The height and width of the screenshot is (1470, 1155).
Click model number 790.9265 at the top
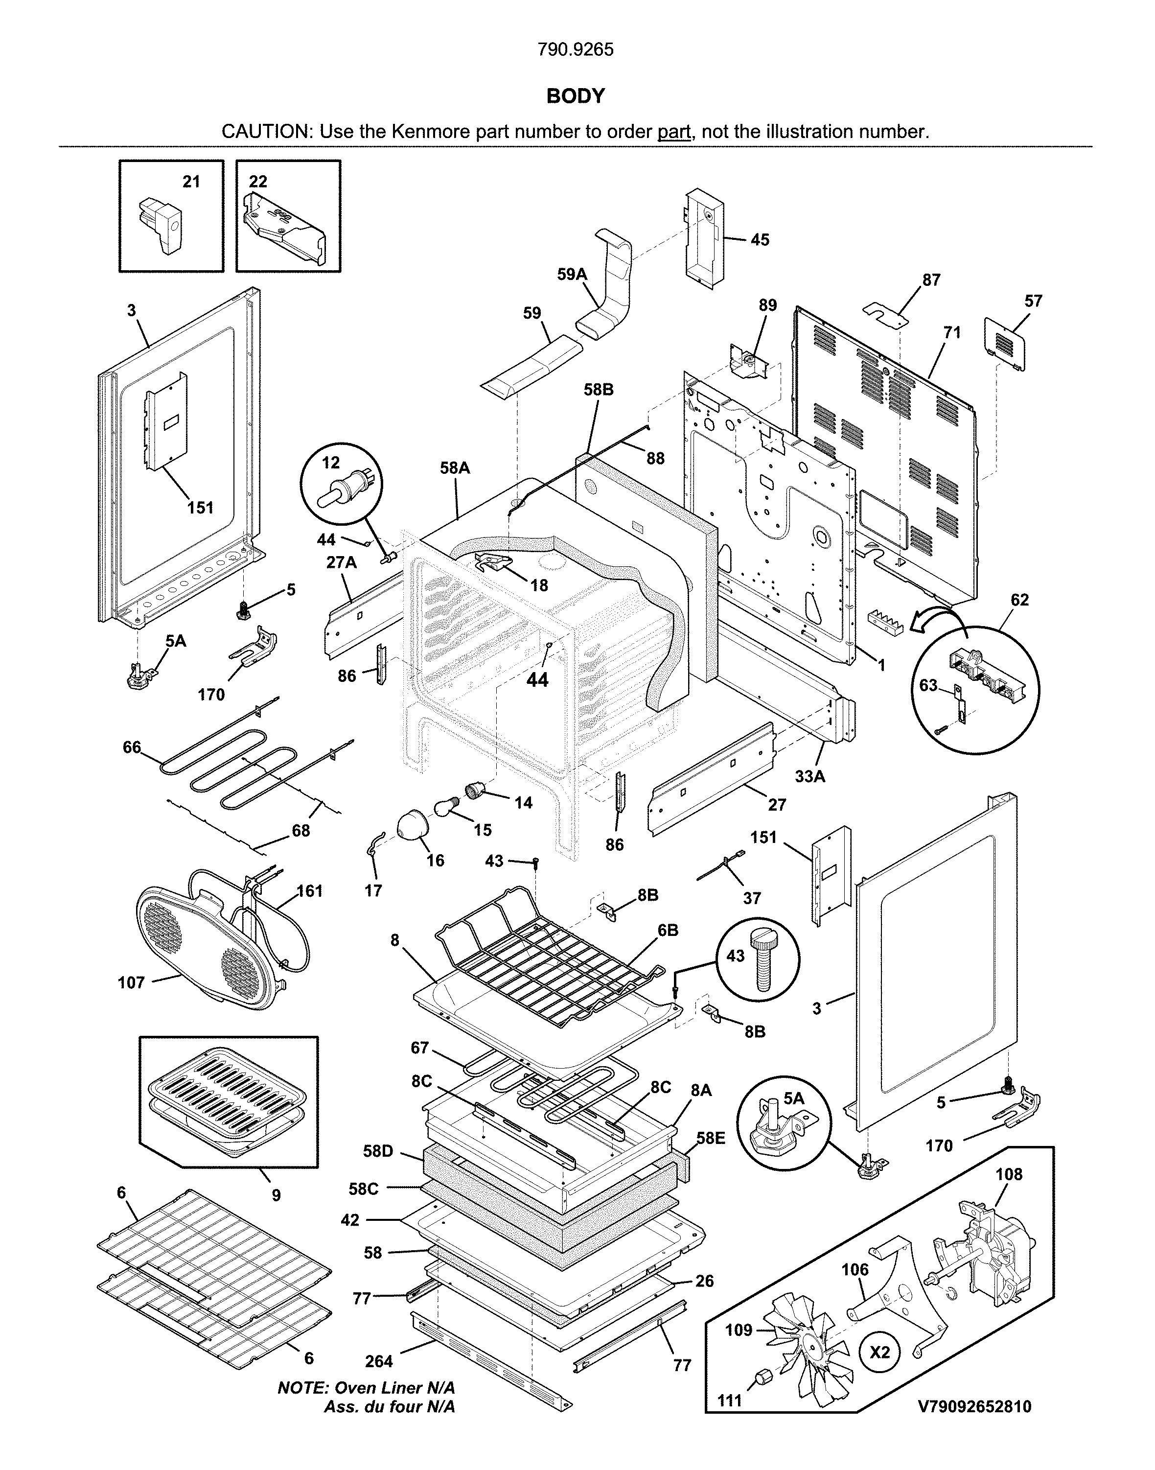pyautogui.click(x=576, y=49)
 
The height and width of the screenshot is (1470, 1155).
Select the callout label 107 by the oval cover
pyautogui.click(x=131, y=982)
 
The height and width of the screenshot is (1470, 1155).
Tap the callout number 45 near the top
pyautogui.click(x=760, y=240)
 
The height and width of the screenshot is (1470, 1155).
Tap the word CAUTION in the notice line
pyautogui.click(x=264, y=131)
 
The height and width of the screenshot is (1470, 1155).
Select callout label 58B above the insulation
pyautogui.click(x=599, y=390)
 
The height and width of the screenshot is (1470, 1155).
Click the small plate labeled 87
pyautogui.click(x=886, y=316)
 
